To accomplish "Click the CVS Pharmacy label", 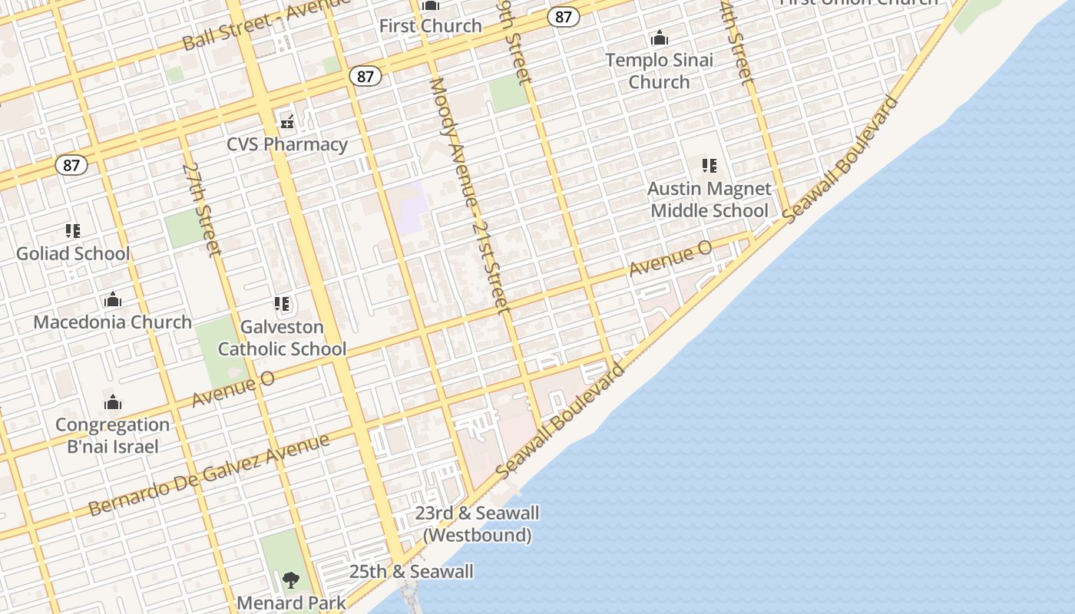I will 287,144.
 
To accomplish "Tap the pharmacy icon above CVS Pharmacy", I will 287,121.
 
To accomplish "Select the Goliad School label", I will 73,253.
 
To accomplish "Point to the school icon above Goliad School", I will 73,230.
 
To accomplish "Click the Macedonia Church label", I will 113,322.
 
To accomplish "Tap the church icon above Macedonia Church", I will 113,299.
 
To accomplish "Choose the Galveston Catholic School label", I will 282,338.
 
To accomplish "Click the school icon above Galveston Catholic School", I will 282,304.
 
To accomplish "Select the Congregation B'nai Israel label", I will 113,435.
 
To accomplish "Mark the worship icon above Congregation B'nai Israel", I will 113,402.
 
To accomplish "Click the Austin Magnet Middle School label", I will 709,200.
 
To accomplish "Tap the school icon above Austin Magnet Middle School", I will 709,165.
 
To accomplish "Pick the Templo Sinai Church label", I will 659,71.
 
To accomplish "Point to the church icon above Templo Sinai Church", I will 659,38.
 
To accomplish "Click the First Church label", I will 430,26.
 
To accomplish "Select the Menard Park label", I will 291,602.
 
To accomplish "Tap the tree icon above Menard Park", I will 290,580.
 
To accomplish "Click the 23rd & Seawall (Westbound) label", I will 477,523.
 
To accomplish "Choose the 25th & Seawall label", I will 411,572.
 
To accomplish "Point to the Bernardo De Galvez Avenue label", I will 209,474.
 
